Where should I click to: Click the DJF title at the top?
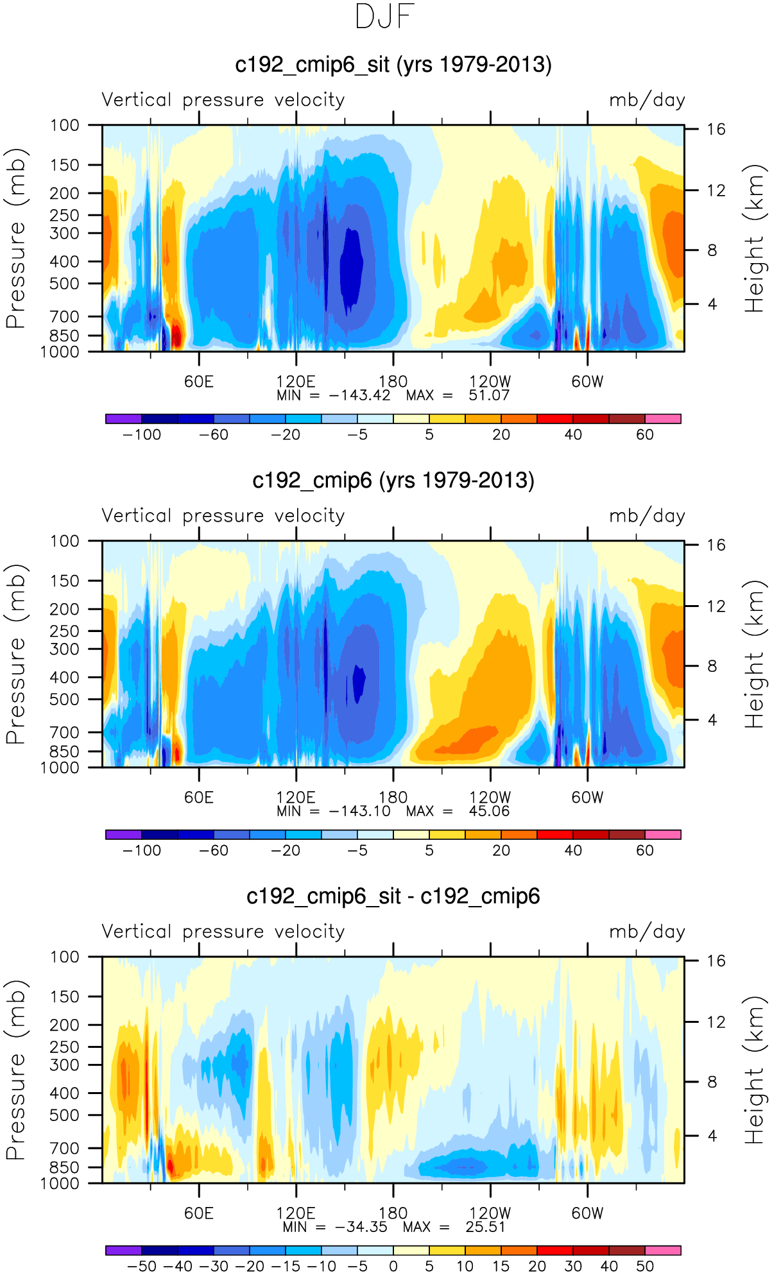(x=384, y=17)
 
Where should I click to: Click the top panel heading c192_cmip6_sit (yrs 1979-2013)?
(x=393, y=65)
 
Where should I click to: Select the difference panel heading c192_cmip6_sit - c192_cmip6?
(x=393, y=896)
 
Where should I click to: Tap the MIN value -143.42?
(x=359, y=395)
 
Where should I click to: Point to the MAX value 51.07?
(x=488, y=395)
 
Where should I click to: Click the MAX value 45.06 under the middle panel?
(x=488, y=811)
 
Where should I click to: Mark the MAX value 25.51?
(x=485, y=1227)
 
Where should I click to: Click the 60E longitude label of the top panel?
(x=199, y=382)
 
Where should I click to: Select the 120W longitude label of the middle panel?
(x=490, y=798)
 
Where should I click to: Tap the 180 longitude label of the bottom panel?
(x=393, y=1213)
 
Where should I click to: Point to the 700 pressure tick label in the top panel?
(x=64, y=316)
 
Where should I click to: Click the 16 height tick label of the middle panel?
(x=716, y=545)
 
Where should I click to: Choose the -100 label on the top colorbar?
(x=142, y=435)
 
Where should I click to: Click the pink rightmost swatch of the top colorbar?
(x=662, y=419)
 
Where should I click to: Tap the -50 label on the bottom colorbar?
(x=142, y=1267)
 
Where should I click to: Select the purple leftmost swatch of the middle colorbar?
(x=123, y=835)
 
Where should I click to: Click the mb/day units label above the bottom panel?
(x=647, y=932)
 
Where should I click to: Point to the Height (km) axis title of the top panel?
(x=755, y=239)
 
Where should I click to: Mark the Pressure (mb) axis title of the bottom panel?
(x=15, y=1070)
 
